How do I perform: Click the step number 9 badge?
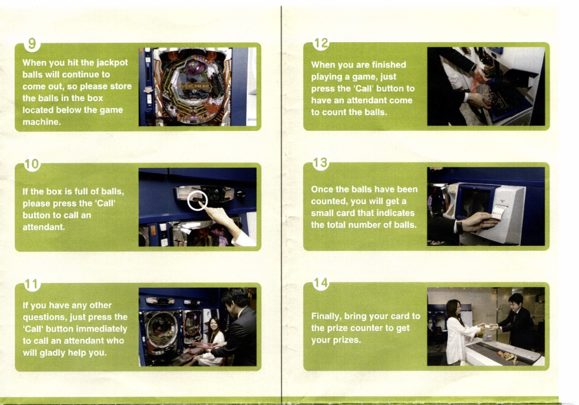point(32,44)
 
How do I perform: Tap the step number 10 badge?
point(32,164)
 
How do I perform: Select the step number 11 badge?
point(32,285)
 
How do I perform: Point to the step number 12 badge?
point(321,43)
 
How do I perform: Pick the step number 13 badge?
point(320,163)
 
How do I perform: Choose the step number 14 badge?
point(320,283)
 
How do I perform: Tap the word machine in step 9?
point(41,122)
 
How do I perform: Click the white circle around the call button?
point(198,200)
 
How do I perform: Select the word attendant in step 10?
point(43,227)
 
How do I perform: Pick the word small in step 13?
point(322,213)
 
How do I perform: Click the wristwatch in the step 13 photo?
point(459,226)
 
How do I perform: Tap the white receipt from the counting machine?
point(500,213)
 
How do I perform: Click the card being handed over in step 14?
point(488,326)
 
